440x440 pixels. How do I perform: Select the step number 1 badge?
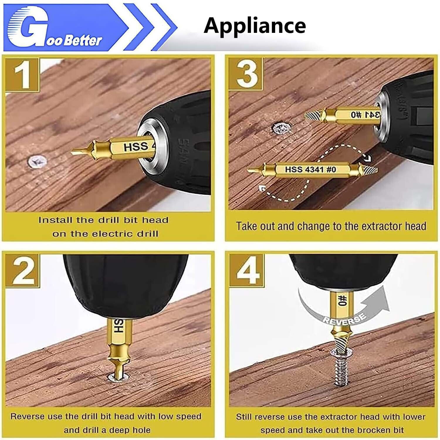[22, 75]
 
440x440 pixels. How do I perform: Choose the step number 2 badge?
[22, 270]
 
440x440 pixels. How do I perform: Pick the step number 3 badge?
[246, 74]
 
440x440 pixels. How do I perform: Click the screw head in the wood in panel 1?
[38, 161]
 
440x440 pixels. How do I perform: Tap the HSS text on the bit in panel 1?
[136, 147]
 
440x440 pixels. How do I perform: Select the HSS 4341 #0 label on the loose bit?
[310, 169]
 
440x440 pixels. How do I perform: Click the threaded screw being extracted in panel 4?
[341, 370]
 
